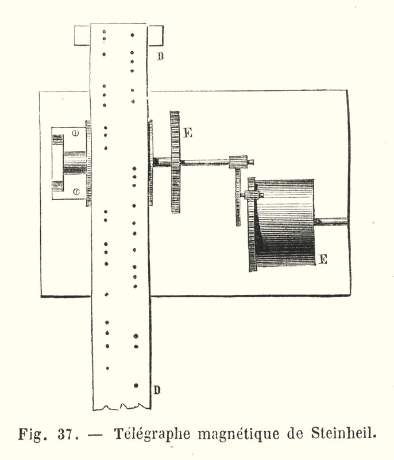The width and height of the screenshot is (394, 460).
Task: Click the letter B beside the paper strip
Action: (160, 56)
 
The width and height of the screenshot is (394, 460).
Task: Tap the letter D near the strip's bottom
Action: (157, 390)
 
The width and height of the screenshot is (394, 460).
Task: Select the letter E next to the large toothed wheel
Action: (187, 133)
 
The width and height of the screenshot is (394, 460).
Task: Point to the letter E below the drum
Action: (323, 260)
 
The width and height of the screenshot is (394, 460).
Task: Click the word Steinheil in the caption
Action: (343, 434)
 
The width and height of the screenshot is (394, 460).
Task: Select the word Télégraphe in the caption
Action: (152, 434)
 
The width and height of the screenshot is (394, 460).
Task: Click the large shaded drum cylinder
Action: (284, 223)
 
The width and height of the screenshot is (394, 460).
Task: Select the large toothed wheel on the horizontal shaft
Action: (175, 162)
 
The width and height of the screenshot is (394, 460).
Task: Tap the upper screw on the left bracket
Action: (76, 133)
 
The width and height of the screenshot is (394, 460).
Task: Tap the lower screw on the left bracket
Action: (76, 192)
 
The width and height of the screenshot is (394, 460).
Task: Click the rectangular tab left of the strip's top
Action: (82, 36)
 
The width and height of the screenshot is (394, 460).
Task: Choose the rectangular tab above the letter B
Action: (155, 36)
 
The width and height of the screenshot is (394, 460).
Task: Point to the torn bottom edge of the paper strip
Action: (122, 407)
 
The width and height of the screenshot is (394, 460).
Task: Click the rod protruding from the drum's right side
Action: (331, 221)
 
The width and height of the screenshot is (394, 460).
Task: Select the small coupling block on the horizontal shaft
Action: (238, 162)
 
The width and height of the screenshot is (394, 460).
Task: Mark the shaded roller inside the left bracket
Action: (75, 163)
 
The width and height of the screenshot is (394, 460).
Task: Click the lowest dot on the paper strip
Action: (136, 385)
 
